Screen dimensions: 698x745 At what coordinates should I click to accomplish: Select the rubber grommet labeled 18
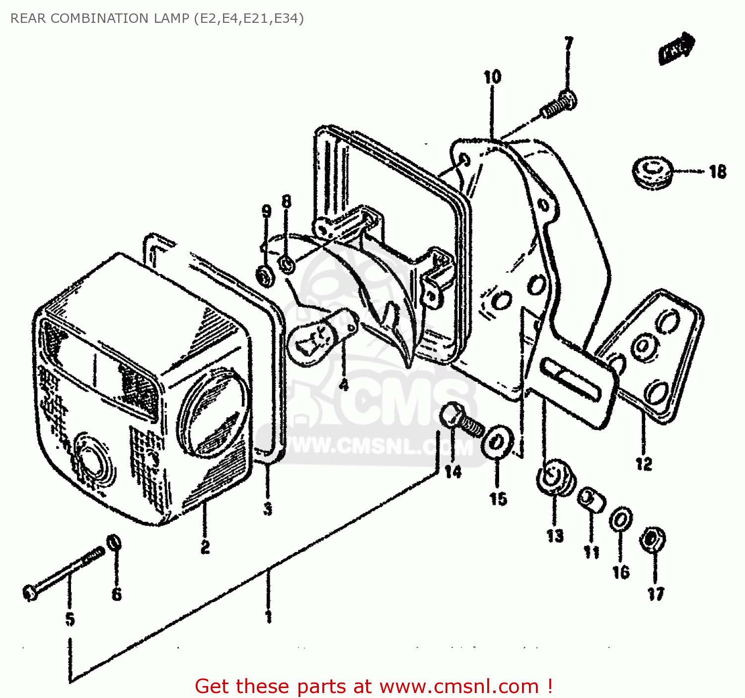pyautogui.click(x=653, y=172)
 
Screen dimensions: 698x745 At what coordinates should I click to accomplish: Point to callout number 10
pyautogui.click(x=492, y=77)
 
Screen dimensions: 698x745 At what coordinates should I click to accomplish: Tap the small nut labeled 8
pyautogui.click(x=287, y=264)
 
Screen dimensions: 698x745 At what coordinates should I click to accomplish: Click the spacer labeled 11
pyautogui.click(x=591, y=499)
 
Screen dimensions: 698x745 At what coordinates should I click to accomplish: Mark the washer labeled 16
pyautogui.click(x=620, y=520)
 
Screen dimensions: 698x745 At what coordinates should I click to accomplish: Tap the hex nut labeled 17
pyautogui.click(x=653, y=540)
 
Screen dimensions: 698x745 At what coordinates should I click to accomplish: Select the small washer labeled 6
pyautogui.click(x=114, y=543)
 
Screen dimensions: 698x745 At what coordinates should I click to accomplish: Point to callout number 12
pyautogui.click(x=644, y=464)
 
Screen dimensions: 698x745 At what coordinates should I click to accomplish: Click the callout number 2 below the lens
pyautogui.click(x=205, y=547)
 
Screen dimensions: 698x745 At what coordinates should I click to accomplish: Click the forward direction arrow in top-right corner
pyautogui.click(x=676, y=48)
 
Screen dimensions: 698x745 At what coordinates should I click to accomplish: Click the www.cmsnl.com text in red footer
pyautogui.click(x=459, y=687)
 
